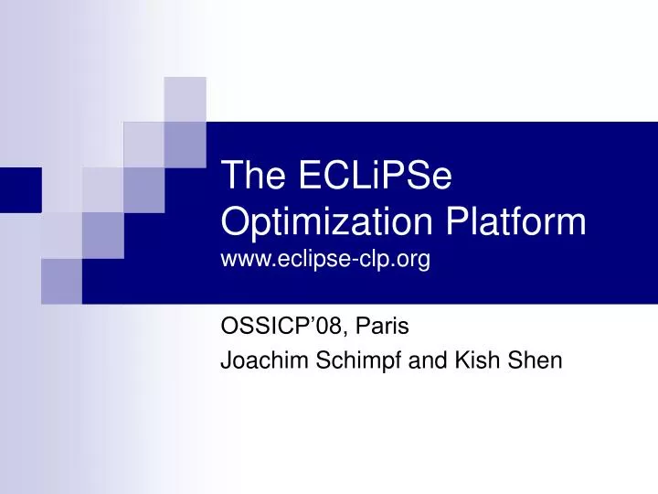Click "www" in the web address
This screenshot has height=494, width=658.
pyautogui.click(x=242, y=261)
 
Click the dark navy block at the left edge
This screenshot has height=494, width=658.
pyautogui.click(x=20, y=189)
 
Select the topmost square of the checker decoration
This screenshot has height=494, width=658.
pyautogui.click(x=185, y=99)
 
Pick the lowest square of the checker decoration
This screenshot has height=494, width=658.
pyautogui.click(x=61, y=281)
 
